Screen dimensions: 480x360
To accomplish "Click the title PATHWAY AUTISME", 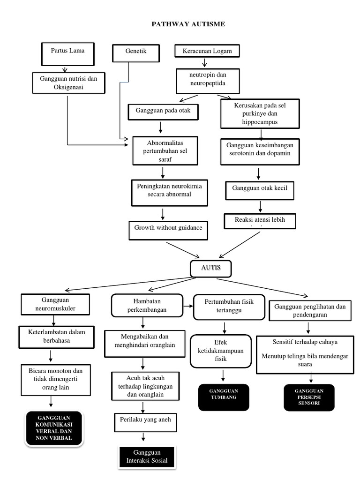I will click(188, 24).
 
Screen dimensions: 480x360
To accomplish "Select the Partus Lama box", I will click(67, 53).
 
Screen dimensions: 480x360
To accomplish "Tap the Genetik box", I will click(135, 53).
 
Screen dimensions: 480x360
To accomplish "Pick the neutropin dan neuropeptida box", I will click(208, 81).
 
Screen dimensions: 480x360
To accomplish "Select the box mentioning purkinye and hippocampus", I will click(260, 113).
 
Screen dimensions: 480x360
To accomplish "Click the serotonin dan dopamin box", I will click(260, 151).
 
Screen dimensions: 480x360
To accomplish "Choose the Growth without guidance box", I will click(168, 229).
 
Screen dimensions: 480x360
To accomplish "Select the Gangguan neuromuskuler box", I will click(55, 305).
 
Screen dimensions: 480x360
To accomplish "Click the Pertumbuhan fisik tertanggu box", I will click(229, 307).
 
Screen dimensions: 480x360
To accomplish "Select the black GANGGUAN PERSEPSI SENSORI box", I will click(309, 397).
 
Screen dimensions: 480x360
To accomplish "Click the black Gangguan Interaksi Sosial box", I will click(147, 457).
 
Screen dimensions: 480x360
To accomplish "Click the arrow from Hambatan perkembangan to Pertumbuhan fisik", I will click(187, 306).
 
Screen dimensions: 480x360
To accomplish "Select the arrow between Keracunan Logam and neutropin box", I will click(205, 63).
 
